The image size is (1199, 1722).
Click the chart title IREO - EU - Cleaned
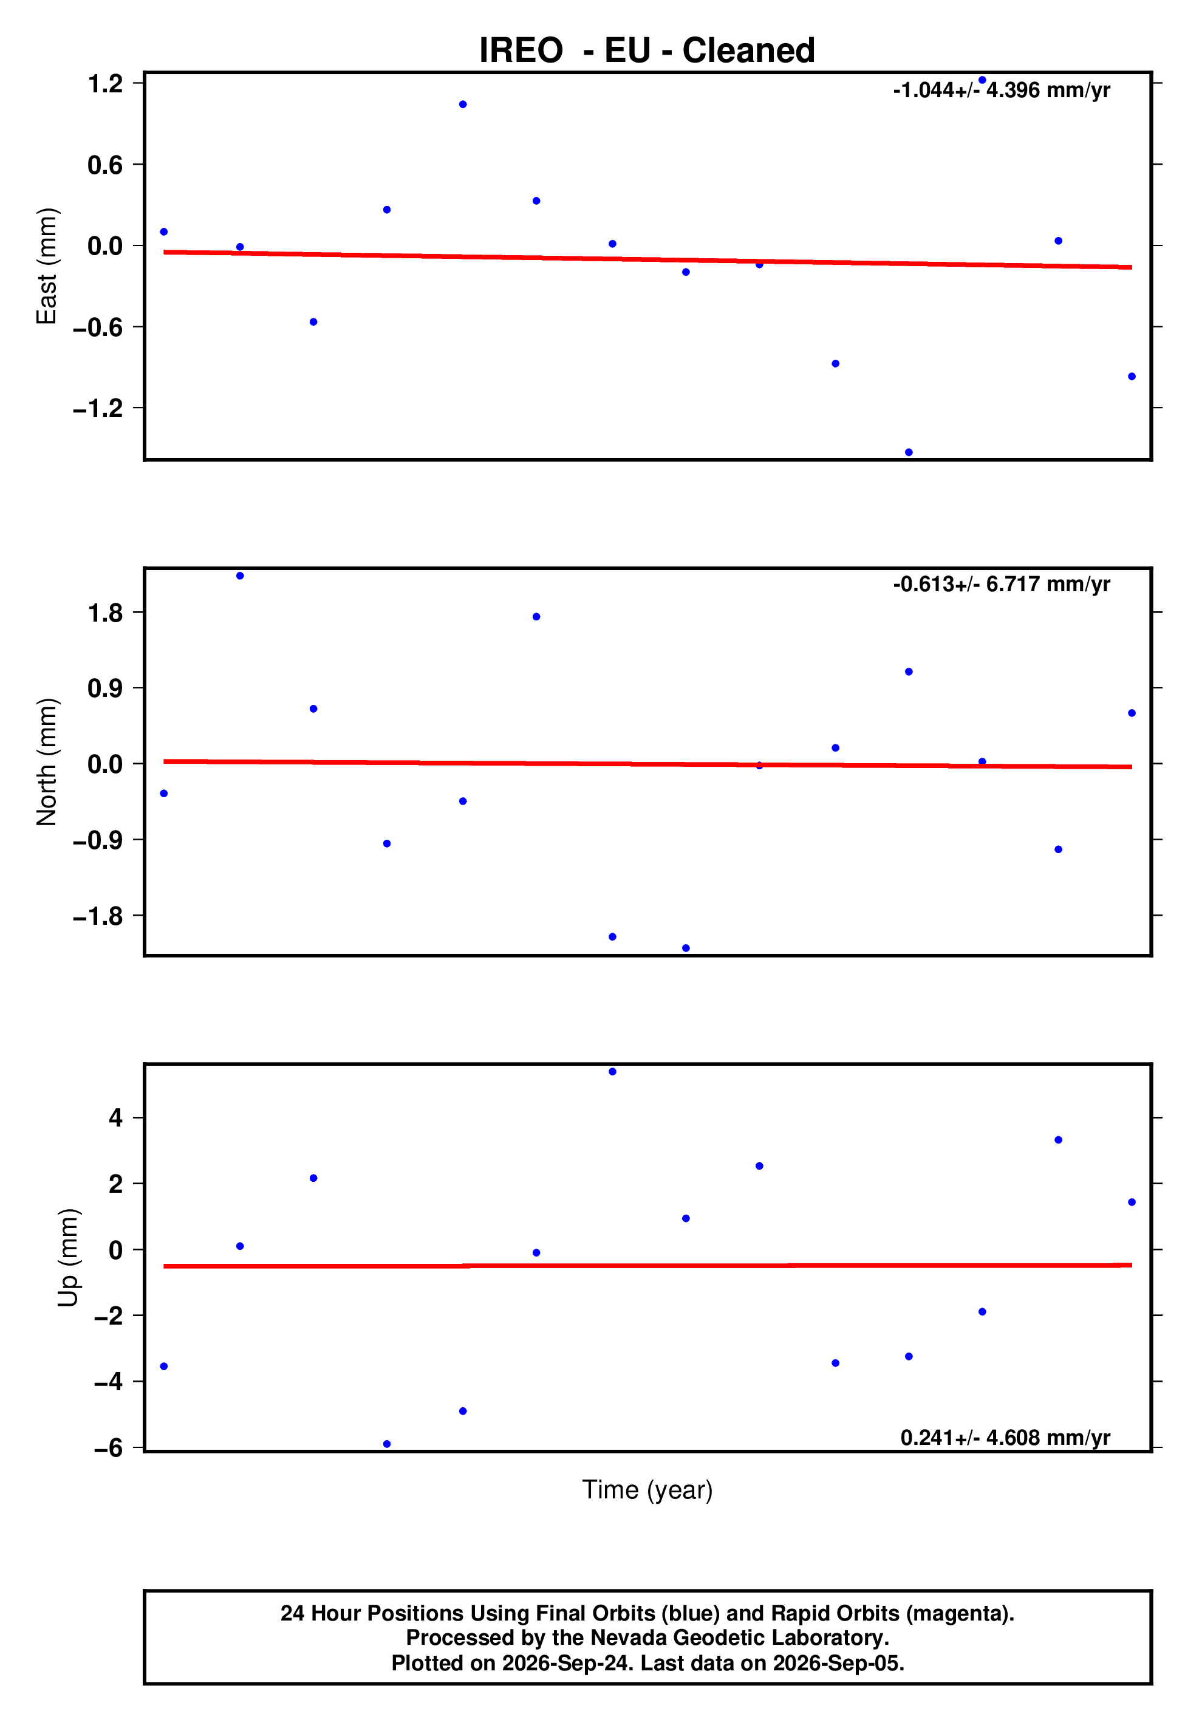[646, 50]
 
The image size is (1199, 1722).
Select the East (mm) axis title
[47, 266]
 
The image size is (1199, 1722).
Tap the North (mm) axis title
[47, 762]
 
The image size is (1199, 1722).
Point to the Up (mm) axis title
[68, 1258]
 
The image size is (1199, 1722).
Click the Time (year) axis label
[647, 1489]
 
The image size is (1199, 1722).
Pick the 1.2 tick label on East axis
[105, 83]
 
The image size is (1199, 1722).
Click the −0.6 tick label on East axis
[97, 327]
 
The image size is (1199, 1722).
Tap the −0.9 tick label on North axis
[97, 840]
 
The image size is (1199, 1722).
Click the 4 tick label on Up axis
[115, 1118]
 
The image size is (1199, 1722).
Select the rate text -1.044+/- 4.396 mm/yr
[1001, 90]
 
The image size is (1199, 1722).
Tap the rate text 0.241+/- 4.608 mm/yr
[1005, 1438]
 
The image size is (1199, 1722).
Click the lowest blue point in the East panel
[909, 452]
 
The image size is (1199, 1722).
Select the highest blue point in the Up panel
[613, 1072]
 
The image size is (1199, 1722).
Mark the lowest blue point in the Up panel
[387, 1444]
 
